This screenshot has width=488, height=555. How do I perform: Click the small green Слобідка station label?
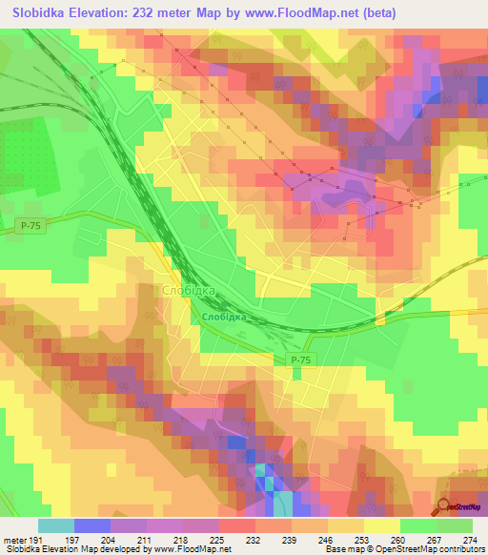pos(224,317)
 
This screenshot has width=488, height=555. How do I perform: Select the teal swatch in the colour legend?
pos(56,526)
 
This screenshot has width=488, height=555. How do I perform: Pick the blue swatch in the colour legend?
pos(92,526)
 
